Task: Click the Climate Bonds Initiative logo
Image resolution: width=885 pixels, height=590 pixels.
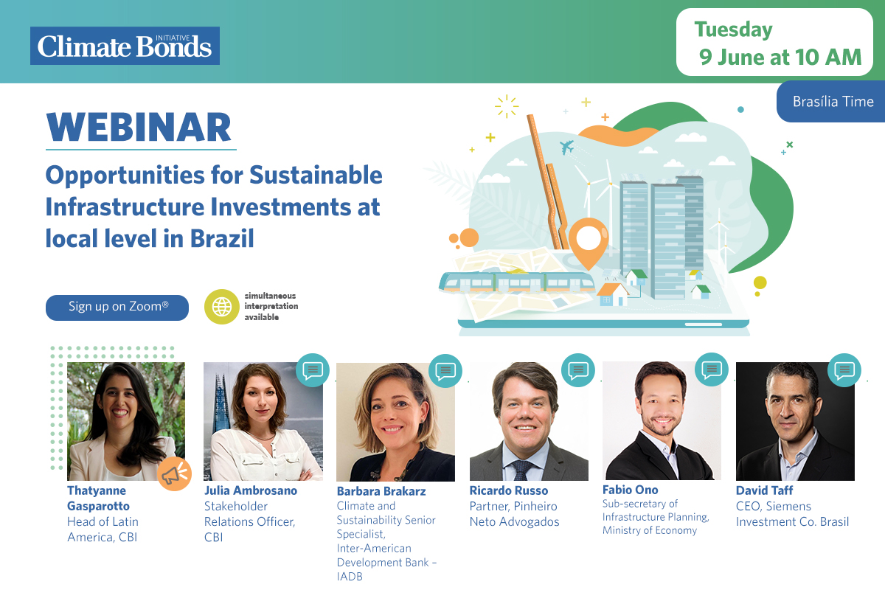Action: pos(125,46)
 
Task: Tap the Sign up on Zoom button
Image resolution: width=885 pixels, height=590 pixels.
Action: pos(117,308)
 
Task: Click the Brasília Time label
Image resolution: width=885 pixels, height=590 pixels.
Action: pos(833,102)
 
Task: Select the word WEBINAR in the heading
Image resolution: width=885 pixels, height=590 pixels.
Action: pos(139,127)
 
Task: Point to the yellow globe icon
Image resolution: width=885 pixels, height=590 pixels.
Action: pos(222,307)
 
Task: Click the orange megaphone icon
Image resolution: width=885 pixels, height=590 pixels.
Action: pos(174,473)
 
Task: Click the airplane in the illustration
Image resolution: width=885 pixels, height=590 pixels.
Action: pos(566,147)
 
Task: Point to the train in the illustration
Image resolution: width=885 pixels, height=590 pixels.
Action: pos(517,282)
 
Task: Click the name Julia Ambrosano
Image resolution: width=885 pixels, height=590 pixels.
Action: pos(251,490)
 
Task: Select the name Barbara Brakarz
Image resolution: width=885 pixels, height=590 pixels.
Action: pos(381,491)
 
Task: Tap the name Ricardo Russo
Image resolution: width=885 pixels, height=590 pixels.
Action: pos(508,490)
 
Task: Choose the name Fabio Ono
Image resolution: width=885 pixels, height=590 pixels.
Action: pos(630,490)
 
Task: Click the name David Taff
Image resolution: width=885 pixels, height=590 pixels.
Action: pos(764,490)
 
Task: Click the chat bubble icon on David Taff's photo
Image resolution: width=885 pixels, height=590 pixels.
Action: pos(844,370)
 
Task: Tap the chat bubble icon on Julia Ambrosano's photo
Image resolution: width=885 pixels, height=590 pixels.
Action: pos(313,370)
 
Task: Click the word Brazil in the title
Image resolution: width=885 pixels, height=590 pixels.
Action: pos(222,238)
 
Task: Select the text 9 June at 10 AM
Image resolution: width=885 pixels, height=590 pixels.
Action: pos(780,57)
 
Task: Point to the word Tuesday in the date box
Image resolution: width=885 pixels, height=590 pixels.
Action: pos(733,30)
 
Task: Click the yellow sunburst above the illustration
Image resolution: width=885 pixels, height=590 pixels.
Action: pos(507,106)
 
